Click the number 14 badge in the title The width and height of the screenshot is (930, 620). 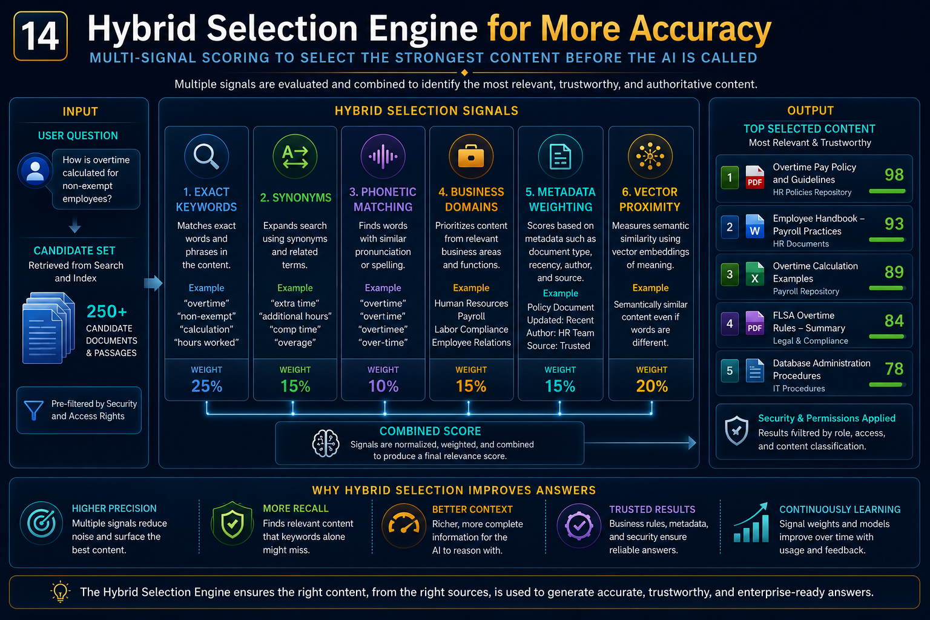(x=41, y=36)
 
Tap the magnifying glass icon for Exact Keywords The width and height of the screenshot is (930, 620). (x=206, y=157)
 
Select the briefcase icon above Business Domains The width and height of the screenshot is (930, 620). (x=471, y=157)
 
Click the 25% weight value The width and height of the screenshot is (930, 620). (x=206, y=386)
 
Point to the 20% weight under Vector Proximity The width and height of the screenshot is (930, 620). (x=652, y=386)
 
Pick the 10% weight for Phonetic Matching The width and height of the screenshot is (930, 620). (x=383, y=386)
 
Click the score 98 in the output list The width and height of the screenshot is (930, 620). (x=894, y=175)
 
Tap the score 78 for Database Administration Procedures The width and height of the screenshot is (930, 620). (x=894, y=369)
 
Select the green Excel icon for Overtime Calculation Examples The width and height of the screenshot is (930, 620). (x=755, y=274)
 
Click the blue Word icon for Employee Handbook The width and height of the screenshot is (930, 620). (x=755, y=226)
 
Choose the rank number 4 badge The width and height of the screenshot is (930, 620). (x=730, y=323)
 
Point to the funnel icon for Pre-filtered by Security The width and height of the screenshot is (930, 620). (x=34, y=410)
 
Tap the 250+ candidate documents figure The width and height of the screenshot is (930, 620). (x=107, y=311)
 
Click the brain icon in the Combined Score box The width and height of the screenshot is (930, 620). (x=326, y=443)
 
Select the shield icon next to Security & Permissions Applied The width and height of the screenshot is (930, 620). (x=736, y=430)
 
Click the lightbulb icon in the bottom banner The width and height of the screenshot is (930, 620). (x=60, y=592)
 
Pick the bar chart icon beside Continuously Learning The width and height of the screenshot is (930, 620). (x=751, y=523)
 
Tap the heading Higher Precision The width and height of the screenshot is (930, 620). (x=114, y=509)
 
